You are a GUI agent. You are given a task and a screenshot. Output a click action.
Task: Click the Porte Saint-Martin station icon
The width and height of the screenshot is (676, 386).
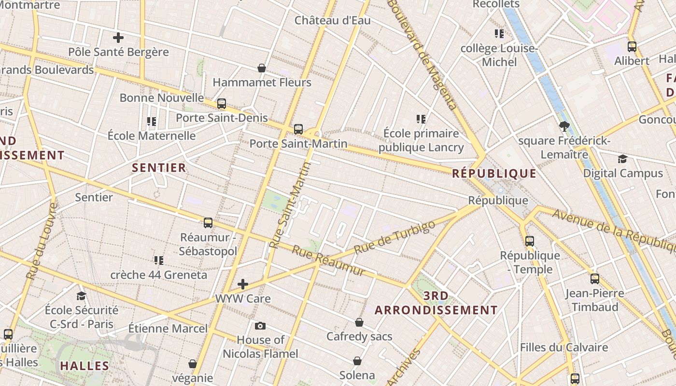298,129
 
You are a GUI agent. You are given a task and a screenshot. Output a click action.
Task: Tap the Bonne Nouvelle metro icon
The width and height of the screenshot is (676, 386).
222,104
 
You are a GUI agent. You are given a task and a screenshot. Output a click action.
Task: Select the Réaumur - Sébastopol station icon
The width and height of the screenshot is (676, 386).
208,223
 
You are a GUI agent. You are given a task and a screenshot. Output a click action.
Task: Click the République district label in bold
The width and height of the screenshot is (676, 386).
494,174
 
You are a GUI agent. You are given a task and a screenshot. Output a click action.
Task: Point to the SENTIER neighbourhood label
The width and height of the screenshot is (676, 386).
159,168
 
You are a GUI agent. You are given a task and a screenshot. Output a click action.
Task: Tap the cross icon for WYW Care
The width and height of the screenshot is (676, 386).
243,284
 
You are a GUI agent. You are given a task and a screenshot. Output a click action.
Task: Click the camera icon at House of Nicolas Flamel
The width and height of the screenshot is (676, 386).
260,326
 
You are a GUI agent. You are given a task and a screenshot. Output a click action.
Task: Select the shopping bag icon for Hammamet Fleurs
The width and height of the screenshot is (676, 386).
262,68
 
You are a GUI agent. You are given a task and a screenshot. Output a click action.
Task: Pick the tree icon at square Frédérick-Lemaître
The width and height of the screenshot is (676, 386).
563,127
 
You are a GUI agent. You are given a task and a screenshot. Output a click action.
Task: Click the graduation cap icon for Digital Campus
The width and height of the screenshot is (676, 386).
622,159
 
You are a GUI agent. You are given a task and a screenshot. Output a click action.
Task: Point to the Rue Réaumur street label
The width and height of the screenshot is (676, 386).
329,261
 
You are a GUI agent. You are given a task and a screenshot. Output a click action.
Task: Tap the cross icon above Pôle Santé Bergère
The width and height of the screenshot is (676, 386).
118,38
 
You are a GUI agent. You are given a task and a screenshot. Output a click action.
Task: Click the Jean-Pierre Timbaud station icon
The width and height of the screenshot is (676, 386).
595,279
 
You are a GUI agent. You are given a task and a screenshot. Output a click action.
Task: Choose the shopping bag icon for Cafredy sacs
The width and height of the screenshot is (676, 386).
359,322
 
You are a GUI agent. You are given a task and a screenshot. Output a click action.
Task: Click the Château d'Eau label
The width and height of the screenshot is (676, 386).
333,20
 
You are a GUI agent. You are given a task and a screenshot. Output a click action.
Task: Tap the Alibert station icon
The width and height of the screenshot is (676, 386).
632,47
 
